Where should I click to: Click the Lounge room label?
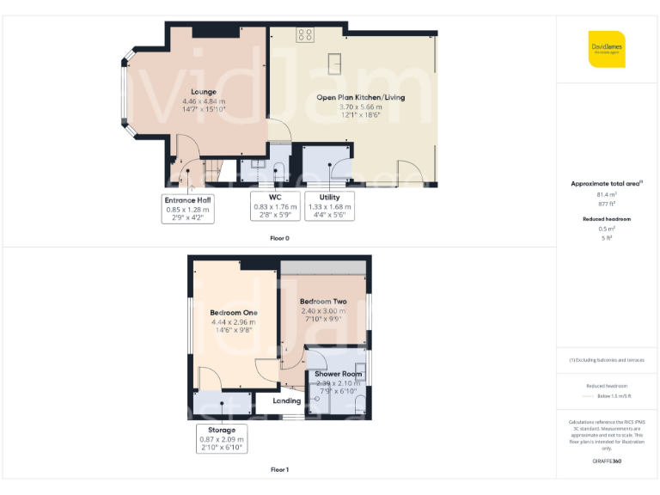click(204, 92)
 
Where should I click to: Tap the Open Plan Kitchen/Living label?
click(360, 97)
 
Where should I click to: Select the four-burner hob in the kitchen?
click(305, 34)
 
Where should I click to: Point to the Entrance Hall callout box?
click(189, 208)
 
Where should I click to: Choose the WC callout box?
click(275, 208)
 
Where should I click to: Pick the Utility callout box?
click(329, 208)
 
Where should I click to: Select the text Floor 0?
click(279, 236)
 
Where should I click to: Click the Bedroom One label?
click(235, 312)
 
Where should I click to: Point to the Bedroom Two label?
click(323, 302)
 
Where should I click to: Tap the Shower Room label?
click(339, 374)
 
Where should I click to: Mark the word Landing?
click(287, 400)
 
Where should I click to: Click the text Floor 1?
click(279, 469)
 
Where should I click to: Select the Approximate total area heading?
click(605, 183)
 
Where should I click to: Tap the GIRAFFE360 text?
click(607, 461)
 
